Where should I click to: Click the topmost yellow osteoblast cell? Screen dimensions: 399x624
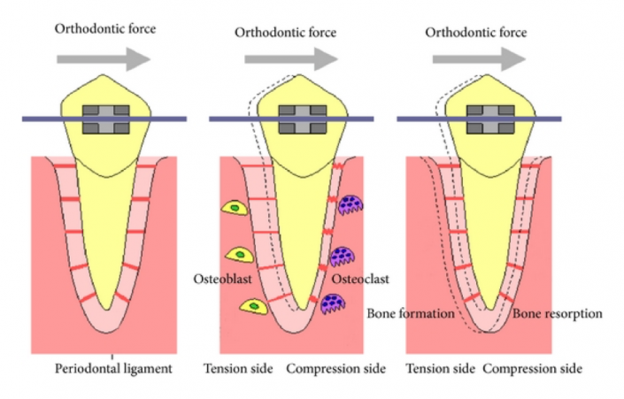235,207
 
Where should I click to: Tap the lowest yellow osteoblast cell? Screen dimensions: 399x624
253,305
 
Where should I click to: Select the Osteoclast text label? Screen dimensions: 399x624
360,280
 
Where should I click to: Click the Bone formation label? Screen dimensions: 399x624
410,314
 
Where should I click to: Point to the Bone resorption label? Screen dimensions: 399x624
558,314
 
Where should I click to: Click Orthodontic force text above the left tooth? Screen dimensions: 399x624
105,29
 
